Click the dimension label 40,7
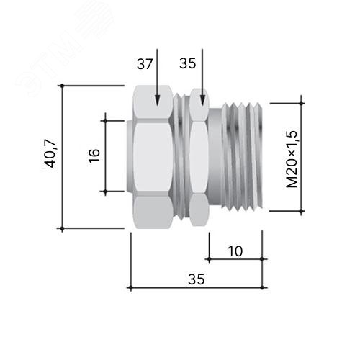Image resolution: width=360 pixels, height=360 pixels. coord(50,153)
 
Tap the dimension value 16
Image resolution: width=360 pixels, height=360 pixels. coord(94,156)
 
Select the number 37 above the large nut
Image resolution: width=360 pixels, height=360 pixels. coord(145,64)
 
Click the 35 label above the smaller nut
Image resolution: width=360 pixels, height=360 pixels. coord(187,63)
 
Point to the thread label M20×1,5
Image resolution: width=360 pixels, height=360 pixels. coord(292,159)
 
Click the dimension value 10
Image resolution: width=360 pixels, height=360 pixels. coord(235,251)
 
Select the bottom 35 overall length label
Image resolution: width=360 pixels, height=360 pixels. coord(197,279)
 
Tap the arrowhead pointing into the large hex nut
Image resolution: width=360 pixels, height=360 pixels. coord(157,100)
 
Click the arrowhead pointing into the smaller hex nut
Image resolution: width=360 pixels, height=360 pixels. coord(202,100)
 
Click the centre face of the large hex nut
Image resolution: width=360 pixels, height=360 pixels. coord(153,157)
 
